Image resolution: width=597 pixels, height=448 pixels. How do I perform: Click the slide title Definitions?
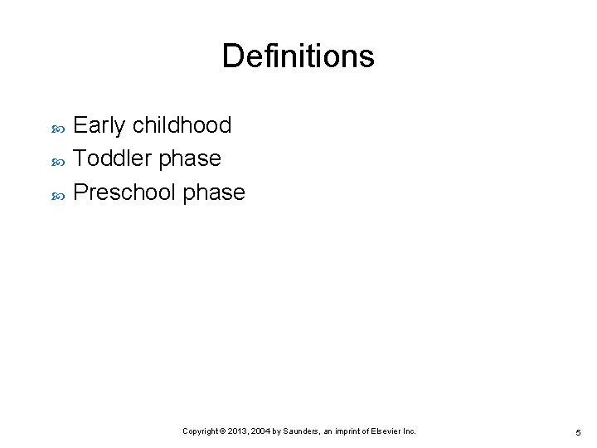pos(298,56)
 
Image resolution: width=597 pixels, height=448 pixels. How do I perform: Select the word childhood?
pos(182,125)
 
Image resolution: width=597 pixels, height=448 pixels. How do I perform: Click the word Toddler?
pos(112,158)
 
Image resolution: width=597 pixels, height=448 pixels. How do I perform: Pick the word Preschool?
pos(124,192)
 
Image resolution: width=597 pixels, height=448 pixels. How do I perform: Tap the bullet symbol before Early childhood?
pos(57,128)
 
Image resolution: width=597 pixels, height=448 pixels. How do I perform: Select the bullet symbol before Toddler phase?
pos(57,161)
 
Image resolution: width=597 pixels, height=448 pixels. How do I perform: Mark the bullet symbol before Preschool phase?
pos(57,195)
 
